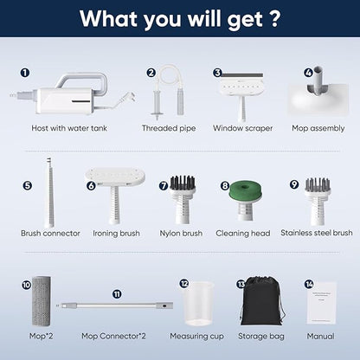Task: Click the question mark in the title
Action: pyautogui.click(x=275, y=18)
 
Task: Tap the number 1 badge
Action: pyautogui.click(x=25, y=73)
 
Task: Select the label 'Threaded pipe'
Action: pyautogui.click(x=169, y=128)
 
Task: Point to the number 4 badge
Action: pyautogui.click(x=309, y=73)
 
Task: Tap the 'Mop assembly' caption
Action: pyautogui.click(x=318, y=128)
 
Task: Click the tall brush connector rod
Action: pyautogui.click(x=50, y=192)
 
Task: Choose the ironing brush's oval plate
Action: pyautogui.click(x=115, y=177)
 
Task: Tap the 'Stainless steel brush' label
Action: pyautogui.click(x=317, y=233)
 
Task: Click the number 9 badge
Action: pyautogui.click(x=294, y=184)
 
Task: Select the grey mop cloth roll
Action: pyautogui.click(x=42, y=301)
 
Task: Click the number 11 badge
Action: pyautogui.click(x=117, y=294)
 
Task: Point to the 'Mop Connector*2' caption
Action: pyautogui.click(x=113, y=336)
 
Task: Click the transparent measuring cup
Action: pyautogui.click(x=198, y=303)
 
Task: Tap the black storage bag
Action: pyautogui.click(x=262, y=301)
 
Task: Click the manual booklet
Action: pyautogui.click(x=322, y=303)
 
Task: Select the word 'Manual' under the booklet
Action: pyautogui.click(x=320, y=336)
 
